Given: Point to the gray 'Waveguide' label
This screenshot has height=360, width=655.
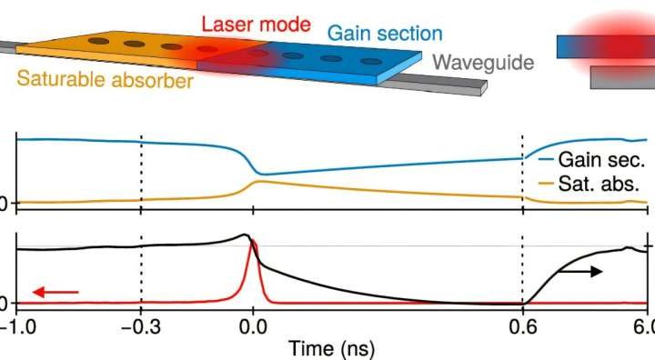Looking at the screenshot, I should (482, 62).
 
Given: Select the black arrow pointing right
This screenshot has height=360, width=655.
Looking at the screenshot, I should (579, 271).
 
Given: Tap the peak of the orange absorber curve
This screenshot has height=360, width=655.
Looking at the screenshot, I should (259, 182).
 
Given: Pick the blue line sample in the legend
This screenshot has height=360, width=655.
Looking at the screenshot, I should (545, 158).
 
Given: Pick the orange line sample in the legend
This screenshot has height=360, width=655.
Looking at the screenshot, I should (545, 183).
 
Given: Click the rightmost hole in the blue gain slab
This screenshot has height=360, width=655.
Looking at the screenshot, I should (369, 61).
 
